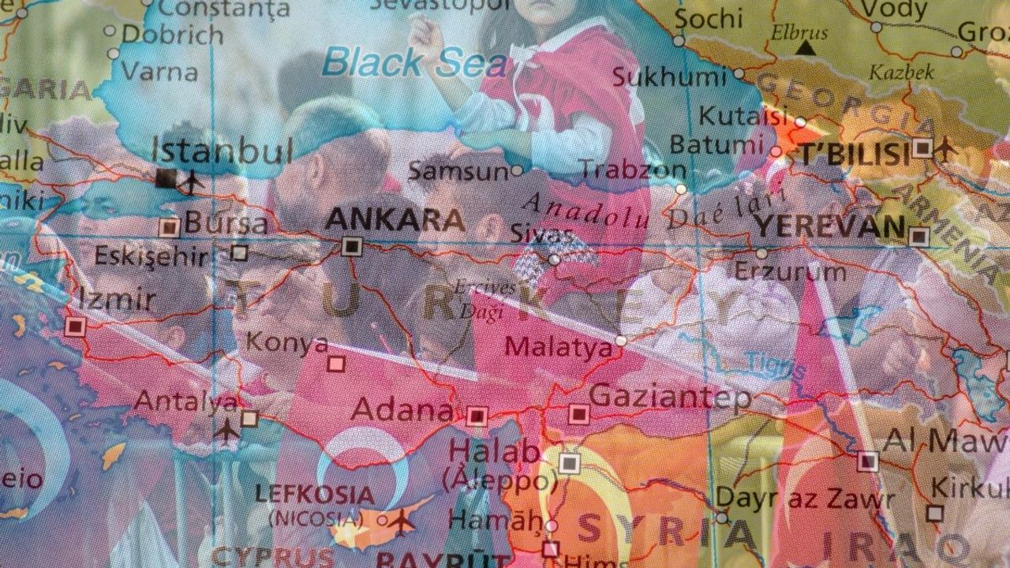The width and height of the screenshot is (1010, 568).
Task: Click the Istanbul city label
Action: [x=222, y=150]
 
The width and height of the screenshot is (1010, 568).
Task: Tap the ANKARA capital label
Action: [x=395, y=219]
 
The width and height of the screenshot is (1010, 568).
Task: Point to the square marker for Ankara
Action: [x=352, y=246]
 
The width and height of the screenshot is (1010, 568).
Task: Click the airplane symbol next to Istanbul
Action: [x=191, y=181]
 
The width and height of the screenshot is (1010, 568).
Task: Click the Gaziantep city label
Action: [x=670, y=396]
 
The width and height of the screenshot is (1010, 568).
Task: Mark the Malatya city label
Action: [x=558, y=346]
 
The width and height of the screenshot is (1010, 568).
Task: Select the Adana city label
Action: [x=402, y=409]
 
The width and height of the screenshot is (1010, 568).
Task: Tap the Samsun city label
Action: [x=458, y=170]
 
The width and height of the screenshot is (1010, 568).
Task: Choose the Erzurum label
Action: [x=790, y=272]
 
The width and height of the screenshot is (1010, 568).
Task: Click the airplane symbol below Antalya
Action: [x=227, y=430]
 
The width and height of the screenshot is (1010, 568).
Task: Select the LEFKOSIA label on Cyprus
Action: [x=314, y=495]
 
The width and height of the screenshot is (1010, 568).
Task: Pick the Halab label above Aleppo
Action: [x=494, y=452]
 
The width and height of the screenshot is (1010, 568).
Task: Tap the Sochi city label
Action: [x=709, y=17]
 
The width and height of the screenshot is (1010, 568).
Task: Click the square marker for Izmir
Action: [x=76, y=326]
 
